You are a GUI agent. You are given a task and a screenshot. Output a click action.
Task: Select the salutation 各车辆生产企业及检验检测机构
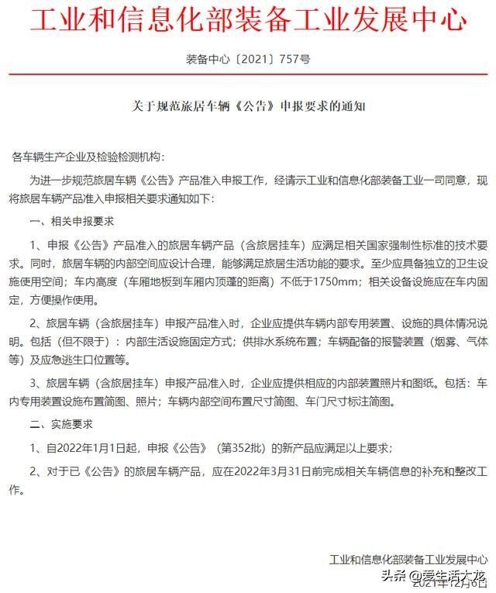coord(84,157)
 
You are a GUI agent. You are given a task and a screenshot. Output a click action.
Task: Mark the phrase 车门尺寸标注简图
coord(353,402)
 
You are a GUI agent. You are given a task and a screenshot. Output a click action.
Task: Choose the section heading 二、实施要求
coord(61,425)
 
